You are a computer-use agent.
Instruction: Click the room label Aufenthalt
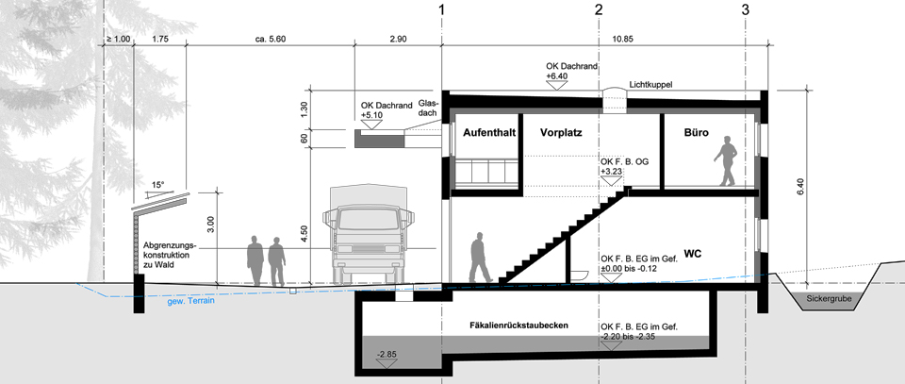[489, 133]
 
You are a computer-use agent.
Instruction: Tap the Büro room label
[696, 133]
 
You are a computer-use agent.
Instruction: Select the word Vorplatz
[561, 133]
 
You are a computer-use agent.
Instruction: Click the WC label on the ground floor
[692, 254]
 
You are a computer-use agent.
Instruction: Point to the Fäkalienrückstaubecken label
[518, 326]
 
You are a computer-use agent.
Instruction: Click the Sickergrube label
[829, 300]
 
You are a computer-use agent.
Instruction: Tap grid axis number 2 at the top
[599, 9]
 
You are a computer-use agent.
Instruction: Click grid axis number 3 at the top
[746, 9]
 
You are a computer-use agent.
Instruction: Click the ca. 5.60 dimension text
[271, 40]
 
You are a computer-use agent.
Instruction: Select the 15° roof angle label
[158, 185]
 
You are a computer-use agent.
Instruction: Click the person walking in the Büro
[726, 160]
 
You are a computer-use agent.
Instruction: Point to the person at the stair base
[479, 258]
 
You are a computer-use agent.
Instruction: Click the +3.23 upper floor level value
[611, 172]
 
